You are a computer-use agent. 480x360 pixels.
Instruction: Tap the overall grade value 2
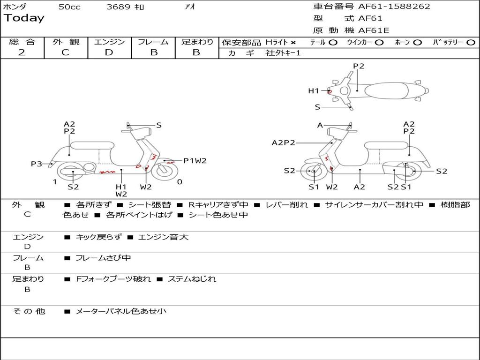coord(22,52)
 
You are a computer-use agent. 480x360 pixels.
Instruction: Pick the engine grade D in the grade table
coord(109,52)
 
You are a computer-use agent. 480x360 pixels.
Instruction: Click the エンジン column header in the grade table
coord(109,42)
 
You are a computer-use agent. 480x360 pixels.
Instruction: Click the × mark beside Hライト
coord(293,42)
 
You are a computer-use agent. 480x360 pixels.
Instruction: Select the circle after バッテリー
coord(471,42)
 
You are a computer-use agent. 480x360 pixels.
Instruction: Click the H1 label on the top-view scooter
coord(313,91)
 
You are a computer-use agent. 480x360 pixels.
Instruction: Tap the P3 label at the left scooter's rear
coord(37,164)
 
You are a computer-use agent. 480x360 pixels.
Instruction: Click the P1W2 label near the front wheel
coord(195,161)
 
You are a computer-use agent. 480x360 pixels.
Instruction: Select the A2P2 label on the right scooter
coord(283,142)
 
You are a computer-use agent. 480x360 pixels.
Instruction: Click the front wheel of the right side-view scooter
coord(314,172)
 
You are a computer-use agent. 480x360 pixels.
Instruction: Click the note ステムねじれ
coord(192,279)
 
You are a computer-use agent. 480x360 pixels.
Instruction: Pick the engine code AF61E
coord(374,30)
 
